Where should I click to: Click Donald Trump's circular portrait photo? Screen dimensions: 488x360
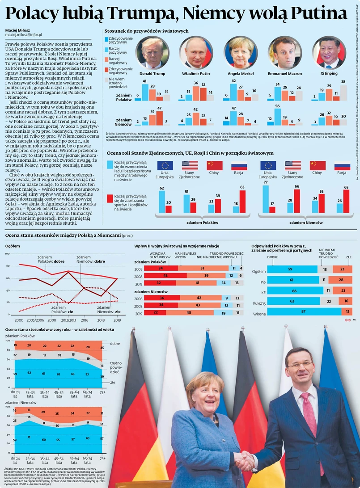pos(152,52)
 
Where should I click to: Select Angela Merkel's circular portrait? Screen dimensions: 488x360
pos(241,52)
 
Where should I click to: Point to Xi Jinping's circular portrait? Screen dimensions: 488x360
pos(329,52)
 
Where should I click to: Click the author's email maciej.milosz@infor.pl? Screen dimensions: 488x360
pos(24,34)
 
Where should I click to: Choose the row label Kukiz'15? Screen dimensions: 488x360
pos(259,302)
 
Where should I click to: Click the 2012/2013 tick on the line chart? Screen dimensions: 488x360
pos(68,320)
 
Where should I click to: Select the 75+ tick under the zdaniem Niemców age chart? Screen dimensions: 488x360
pos(102,459)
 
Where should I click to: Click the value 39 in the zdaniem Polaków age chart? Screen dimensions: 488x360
pos(102,377)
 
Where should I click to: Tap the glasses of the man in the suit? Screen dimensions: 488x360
pos(299,365)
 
